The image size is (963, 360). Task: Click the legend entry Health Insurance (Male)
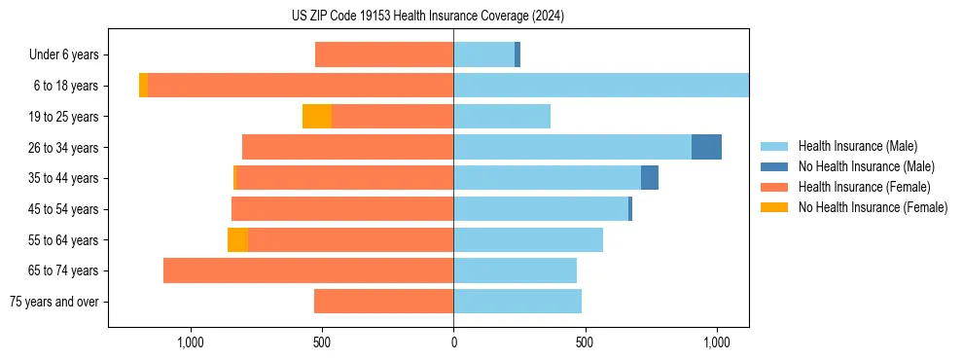[x=857, y=146]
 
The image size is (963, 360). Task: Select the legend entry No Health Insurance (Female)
[x=873, y=207]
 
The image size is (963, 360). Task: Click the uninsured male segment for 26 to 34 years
[x=706, y=147]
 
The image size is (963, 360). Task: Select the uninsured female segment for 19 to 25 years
[x=317, y=117]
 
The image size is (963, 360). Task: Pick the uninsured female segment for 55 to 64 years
[x=237, y=240]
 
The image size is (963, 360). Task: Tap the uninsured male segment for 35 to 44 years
[x=650, y=178]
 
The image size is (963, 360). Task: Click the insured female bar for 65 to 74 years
[x=308, y=270]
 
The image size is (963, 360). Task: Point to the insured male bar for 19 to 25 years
[x=502, y=117]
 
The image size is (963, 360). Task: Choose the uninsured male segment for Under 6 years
[x=517, y=55]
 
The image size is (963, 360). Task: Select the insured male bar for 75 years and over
[x=517, y=302]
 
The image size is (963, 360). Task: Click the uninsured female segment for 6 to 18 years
[x=143, y=86]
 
